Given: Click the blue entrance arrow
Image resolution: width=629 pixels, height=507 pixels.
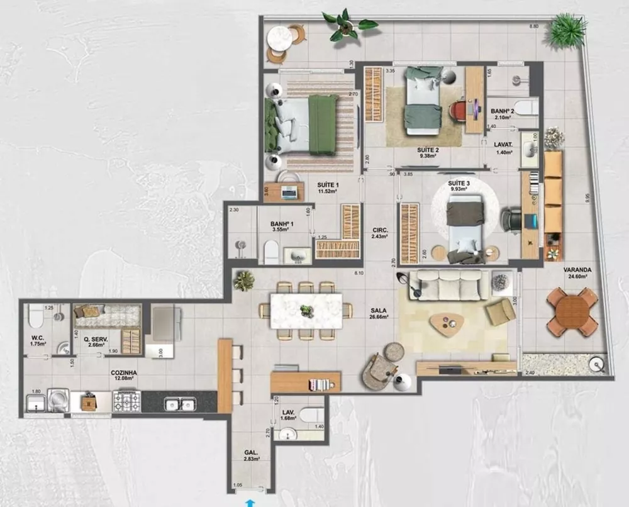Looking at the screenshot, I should [x=251, y=501].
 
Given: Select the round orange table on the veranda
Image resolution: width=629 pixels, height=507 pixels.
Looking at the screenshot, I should [x=572, y=310].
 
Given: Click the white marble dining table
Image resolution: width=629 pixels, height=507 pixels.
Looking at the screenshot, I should [x=306, y=311].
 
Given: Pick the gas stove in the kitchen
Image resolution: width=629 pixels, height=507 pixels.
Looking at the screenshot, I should [x=126, y=401].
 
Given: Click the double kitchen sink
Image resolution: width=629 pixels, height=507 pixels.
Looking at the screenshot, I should [x=179, y=404].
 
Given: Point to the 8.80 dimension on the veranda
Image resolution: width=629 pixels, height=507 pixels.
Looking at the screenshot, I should [x=534, y=26].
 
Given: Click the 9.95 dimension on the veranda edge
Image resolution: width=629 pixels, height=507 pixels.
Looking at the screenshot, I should [x=587, y=197].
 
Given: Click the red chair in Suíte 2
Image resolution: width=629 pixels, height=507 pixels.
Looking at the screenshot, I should [x=459, y=111].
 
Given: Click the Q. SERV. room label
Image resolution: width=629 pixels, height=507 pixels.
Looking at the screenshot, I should [x=96, y=340].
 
